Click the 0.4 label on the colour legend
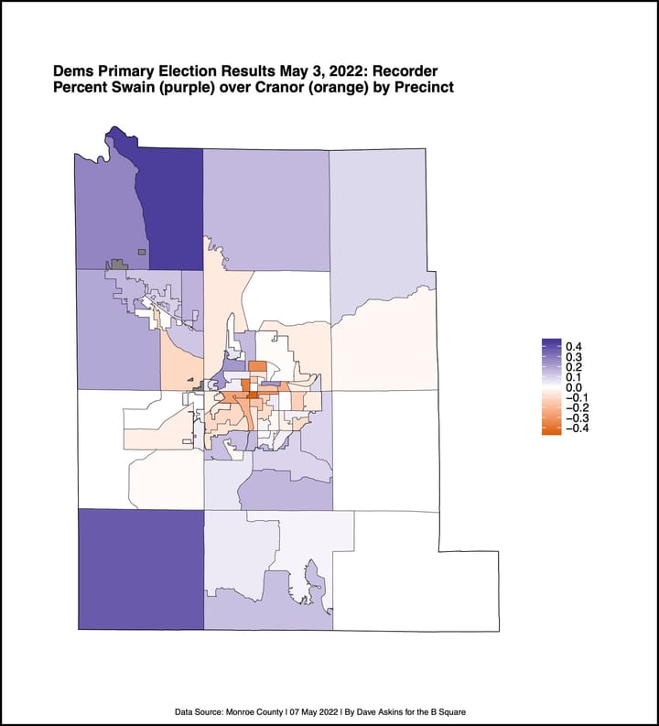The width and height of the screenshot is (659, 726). tap(575, 346)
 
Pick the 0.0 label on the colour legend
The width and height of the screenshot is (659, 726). tap(575, 387)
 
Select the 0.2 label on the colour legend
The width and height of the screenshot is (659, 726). tap(575, 366)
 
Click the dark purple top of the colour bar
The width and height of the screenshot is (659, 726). tap(551, 344)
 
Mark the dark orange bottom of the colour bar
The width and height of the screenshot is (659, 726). tap(551, 429)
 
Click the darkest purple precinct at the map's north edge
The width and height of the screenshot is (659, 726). tap(170, 197)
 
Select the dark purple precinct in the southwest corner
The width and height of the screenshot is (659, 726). tap(140, 568)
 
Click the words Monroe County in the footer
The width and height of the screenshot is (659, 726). tap(249, 710)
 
